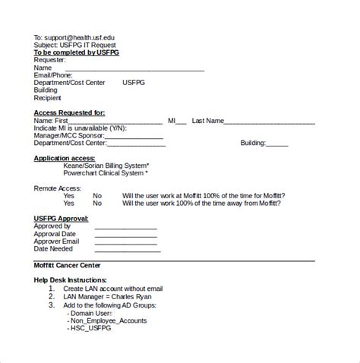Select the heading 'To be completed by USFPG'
(76, 52)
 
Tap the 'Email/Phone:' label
(54, 75)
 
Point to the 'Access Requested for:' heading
(69, 112)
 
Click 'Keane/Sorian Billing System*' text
(106, 166)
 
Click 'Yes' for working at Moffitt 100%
(68, 195)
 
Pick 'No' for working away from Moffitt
(97, 203)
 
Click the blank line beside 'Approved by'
(125, 226)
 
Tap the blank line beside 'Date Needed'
(125, 249)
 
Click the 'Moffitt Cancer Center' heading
(67, 264)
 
